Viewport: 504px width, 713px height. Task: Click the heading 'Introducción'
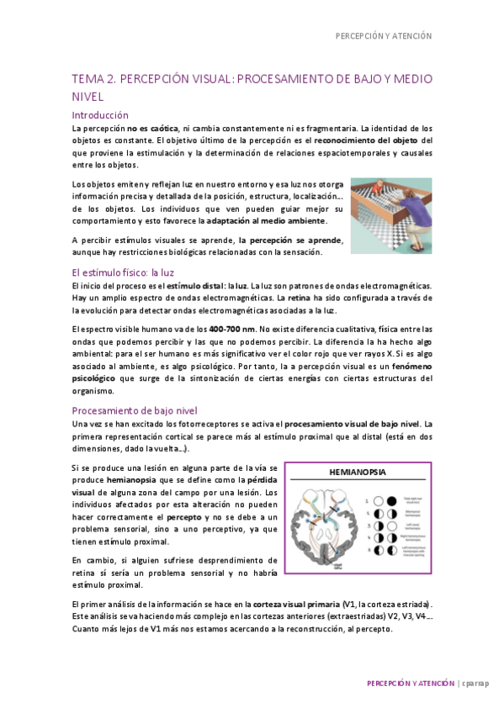(100, 114)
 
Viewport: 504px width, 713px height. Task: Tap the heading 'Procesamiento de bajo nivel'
(135, 410)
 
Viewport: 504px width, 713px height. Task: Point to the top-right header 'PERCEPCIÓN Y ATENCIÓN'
(384, 36)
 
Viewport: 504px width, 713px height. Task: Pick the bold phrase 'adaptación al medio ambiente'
(262, 221)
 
